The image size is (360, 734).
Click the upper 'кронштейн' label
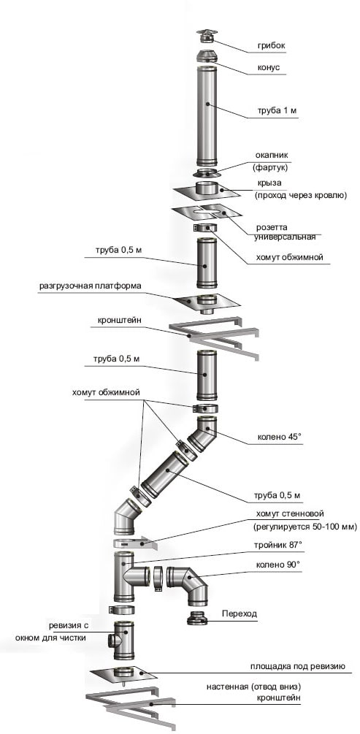pos(120,321)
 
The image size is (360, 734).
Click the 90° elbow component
pos(187,584)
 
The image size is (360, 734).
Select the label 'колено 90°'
pos(279,565)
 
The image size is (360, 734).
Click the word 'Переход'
pos(238,614)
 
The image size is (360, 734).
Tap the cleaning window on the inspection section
pos(111,641)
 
